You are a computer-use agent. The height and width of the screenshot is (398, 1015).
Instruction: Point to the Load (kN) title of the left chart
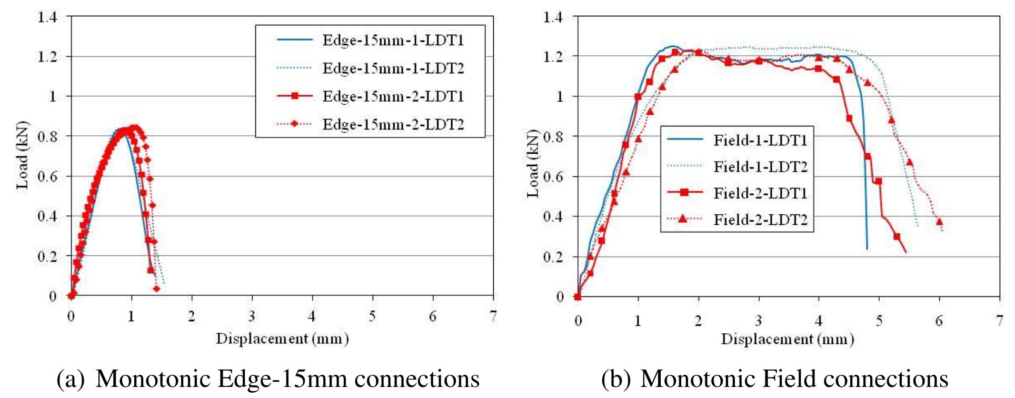(x=22, y=155)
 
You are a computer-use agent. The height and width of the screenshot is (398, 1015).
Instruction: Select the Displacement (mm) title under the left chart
(x=282, y=339)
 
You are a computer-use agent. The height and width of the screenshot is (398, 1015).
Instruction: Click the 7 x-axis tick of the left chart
(x=493, y=316)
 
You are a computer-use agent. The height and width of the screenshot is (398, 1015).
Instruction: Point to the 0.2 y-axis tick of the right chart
(x=553, y=257)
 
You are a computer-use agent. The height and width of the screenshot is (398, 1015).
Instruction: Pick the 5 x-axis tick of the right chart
(x=879, y=321)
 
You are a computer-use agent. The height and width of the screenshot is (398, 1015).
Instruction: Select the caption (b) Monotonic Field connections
(x=774, y=379)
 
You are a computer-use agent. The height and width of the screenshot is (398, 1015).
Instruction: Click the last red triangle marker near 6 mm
(x=939, y=222)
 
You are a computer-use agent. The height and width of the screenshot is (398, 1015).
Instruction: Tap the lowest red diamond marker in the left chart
(x=156, y=288)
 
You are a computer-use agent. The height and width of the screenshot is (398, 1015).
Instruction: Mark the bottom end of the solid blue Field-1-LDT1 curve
(x=867, y=248)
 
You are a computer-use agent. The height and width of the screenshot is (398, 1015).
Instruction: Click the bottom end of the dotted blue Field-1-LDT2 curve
(x=918, y=226)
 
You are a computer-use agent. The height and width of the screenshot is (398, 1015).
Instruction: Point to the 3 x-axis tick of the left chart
(x=252, y=316)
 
